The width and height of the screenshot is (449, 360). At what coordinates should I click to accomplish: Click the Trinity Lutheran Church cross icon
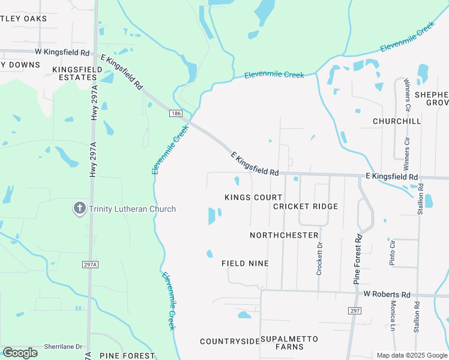click(79, 209)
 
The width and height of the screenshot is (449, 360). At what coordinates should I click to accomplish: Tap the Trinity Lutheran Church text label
click(133, 209)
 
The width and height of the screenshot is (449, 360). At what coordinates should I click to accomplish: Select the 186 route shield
click(175, 113)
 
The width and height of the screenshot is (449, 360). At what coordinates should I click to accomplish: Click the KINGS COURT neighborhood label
click(253, 197)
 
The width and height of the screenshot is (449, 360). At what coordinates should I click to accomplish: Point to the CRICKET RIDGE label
click(305, 206)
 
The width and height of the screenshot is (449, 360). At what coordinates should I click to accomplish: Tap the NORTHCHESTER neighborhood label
click(284, 235)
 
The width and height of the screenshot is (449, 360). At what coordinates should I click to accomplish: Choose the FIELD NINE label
click(245, 263)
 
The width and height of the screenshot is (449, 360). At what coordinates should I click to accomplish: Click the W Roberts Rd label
click(387, 295)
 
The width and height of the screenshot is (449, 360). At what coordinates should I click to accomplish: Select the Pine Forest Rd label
click(358, 259)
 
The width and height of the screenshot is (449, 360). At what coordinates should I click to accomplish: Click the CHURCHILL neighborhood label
click(397, 121)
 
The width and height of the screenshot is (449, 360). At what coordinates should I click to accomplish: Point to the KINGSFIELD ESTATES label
click(77, 74)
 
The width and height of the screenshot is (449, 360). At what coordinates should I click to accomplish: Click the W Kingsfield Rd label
click(62, 52)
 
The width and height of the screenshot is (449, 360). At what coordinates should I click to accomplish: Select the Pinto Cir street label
click(393, 253)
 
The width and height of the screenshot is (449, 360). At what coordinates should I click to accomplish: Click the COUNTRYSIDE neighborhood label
click(230, 341)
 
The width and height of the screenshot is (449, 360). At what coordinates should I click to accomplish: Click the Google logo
click(20, 353)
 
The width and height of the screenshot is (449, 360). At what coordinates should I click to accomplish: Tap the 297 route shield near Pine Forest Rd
click(354, 310)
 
